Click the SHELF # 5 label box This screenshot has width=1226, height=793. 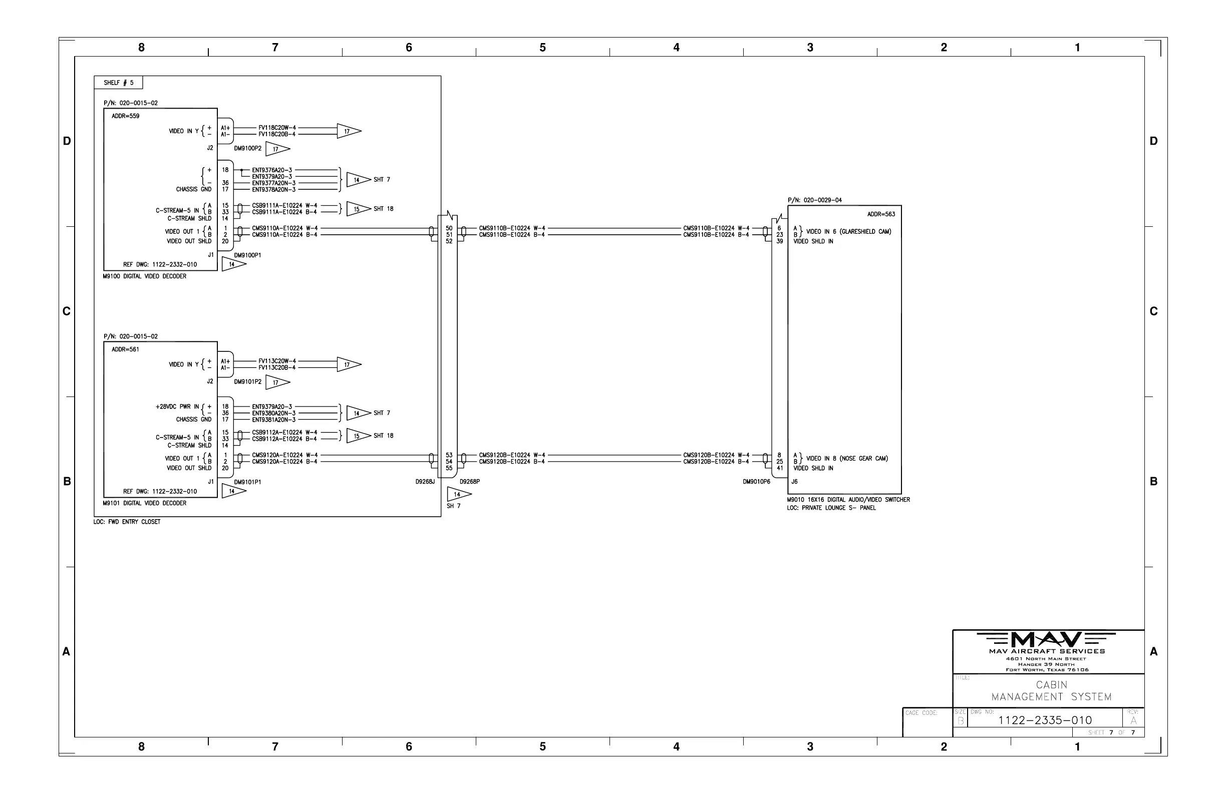(x=118, y=83)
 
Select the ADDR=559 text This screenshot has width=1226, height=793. (x=125, y=116)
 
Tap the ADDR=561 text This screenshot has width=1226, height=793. (x=125, y=349)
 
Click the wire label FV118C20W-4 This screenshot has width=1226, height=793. (x=277, y=128)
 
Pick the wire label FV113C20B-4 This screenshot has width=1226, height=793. (x=277, y=367)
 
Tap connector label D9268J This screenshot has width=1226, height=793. (x=425, y=482)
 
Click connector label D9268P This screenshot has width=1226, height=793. (x=469, y=482)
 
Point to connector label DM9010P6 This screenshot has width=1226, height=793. (x=756, y=482)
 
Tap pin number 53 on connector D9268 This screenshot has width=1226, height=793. (x=449, y=455)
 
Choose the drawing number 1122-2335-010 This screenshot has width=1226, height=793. (x=1045, y=720)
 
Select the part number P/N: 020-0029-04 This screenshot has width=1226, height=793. (x=814, y=200)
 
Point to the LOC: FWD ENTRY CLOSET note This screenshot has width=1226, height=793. (x=127, y=522)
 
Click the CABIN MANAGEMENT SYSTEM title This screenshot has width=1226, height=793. (x=1051, y=691)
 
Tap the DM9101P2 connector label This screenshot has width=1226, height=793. (x=248, y=382)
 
